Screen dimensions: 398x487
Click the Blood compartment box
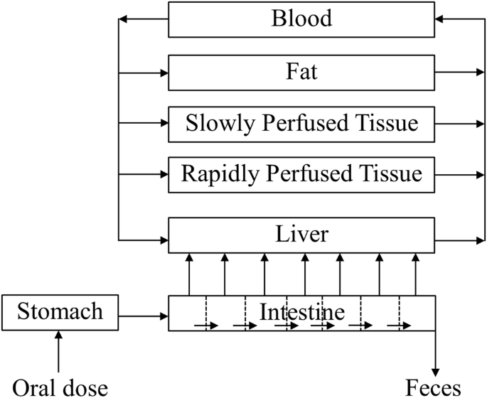(x=301, y=19)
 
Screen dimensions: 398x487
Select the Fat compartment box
(x=301, y=72)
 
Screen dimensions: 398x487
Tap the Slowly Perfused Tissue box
(x=301, y=123)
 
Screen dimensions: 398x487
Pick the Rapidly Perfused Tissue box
(x=301, y=173)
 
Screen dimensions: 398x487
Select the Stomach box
(x=60, y=312)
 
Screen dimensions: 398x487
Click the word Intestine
(x=302, y=311)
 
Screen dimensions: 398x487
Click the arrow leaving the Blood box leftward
(x=143, y=19)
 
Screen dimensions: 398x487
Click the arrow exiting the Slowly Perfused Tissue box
(x=460, y=123)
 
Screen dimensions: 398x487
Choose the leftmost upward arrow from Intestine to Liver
(x=190, y=274)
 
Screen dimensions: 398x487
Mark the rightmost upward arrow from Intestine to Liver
(x=416, y=274)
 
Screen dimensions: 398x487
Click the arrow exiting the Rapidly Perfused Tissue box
(x=460, y=173)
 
